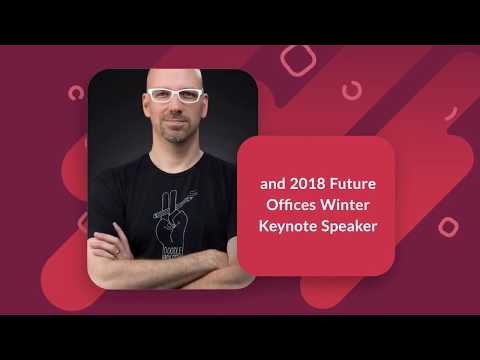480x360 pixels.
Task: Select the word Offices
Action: click(283, 206)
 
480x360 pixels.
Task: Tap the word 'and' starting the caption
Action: click(271, 184)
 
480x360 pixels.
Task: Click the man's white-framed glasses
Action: click(175, 96)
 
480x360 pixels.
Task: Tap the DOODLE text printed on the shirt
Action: click(171, 250)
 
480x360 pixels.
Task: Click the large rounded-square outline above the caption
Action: click(298, 59)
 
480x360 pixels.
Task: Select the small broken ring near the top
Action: click(352, 91)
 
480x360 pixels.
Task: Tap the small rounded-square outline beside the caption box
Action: click(448, 226)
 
